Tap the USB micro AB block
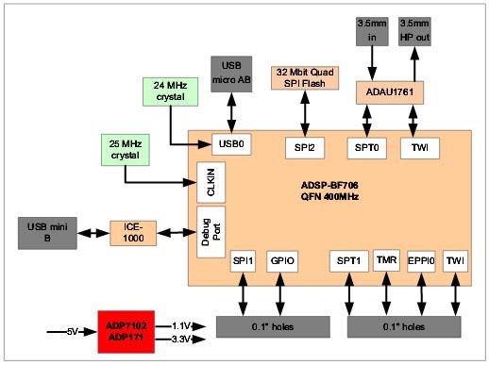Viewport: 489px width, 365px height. click(231, 72)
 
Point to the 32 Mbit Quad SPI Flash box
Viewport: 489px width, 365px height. click(304, 78)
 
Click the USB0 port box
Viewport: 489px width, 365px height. click(231, 145)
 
